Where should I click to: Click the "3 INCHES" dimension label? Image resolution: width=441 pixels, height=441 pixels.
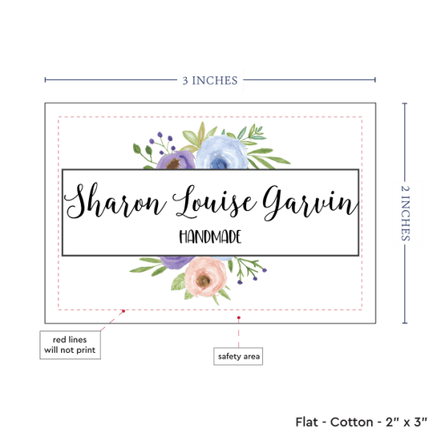pyautogui.click(x=210, y=81)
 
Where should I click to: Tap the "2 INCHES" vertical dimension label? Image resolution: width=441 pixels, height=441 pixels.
pyautogui.click(x=405, y=213)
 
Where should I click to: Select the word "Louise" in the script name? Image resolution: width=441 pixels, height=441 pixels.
pyautogui.click(x=214, y=202)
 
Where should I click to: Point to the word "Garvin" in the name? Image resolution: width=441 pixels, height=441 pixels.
pyautogui.click(x=310, y=203)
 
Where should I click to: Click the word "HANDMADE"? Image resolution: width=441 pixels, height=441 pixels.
pyautogui.click(x=210, y=237)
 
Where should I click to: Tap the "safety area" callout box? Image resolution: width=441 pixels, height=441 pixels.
pyautogui.click(x=238, y=356)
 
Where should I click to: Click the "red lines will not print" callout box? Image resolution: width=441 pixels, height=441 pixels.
pyautogui.click(x=70, y=345)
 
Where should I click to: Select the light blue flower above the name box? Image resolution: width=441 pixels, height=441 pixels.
pyautogui.click(x=221, y=152)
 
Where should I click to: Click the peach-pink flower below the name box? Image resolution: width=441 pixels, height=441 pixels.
pyautogui.click(x=205, y=277)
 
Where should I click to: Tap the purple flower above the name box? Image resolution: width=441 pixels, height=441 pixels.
pyautogui.click(x=176, y=160)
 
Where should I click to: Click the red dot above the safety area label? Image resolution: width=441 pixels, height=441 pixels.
pyautogui.click(x=239, y=318)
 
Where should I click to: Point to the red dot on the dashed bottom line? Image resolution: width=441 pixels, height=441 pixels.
pyautogui.click(x=123, y=311)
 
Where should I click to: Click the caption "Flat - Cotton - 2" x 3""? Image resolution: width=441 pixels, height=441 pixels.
pyautogui.click(x=361, y=422)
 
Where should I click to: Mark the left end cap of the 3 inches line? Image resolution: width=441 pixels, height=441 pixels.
pyautogui.click(x=45, y=80)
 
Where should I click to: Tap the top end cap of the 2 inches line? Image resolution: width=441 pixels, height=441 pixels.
pyautogui.click(x=405, y=103)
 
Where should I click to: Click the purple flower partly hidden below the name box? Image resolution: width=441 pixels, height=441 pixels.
pyautogui.click(x=176, y=262)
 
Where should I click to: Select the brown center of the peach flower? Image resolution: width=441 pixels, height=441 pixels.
pyautogui.click(x=204, y=280)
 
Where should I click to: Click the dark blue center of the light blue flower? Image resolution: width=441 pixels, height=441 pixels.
pyautogui.click(x=219, y=163)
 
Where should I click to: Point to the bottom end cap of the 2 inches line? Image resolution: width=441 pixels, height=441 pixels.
pyautogui.click(x=405, y=323)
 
